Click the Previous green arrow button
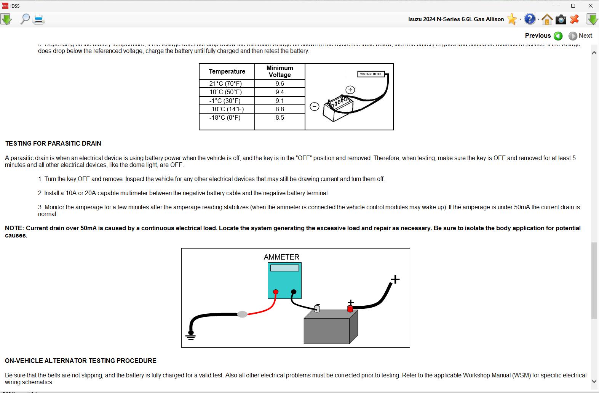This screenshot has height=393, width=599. pos(558,36)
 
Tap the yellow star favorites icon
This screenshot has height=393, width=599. pos(512,19)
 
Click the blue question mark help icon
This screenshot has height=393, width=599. pos(529,19)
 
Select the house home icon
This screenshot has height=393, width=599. pos(547,19)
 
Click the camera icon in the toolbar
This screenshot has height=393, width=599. pos(561,19)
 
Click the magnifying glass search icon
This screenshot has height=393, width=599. pos(25,19)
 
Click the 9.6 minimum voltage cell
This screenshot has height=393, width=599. pos(280,83)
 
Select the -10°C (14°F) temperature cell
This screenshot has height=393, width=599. pos(227,109)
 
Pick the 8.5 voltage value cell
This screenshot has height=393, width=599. pos(280,118)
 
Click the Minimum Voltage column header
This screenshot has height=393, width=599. pos(280,71)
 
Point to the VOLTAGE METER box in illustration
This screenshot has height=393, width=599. pos(371,74)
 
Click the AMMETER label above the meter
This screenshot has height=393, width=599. pos(281,257)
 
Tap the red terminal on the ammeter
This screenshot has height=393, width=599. pos(276,292)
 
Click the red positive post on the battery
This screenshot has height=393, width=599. pos(350,308)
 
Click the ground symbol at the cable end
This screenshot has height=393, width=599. pos(190,336)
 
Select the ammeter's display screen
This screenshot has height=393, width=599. pos(284,268)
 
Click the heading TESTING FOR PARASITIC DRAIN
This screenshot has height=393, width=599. pos(53,144)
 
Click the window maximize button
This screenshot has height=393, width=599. pos(573,6)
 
